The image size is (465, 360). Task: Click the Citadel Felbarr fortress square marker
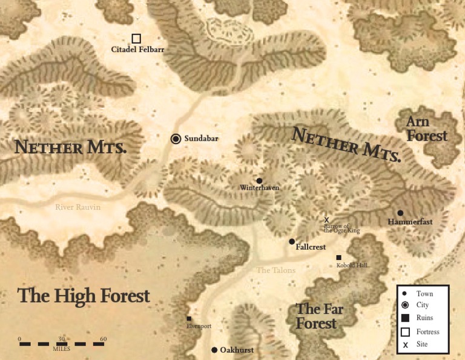pyautogui.click(x=136, y=39)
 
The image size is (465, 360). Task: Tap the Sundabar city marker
pyautogui.click(x=176, y=139)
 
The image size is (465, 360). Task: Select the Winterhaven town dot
pyautogui.click(x=259, y=181)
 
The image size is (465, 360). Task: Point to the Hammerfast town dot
pyautogui.click(x=400, y=213)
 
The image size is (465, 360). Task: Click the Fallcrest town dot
pyautogui.click(x=292, y=241)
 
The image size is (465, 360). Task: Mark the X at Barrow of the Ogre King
pyautogui.click(x=327, y=220)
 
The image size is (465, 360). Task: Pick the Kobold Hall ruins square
pyautogui.click(x=338, y=258)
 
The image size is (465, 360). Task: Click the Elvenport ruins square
pyautogui.click(x=189, y=319)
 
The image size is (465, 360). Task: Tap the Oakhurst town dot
pyautogui.click(x=214, y=350)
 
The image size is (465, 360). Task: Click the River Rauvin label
pyautogui.click(x=77, y=207)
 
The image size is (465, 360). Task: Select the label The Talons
pyautogui.click(x=276, y=270)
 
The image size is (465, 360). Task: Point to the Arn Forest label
pyautogui.click(x=426, y=128)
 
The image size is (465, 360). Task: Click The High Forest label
pyautogui.click(x=83, y=296)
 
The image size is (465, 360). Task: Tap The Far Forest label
pyautogui.click(x=319, y=316)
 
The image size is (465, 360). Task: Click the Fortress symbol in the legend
pyautogui.click(x=406, y=332)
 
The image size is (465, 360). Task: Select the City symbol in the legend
pyautogui.click(x=406, y=305)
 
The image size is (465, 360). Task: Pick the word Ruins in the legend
pyautogui.click(x=425, y=318)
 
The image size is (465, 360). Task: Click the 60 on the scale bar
pyautogui.click(x=104, y=339)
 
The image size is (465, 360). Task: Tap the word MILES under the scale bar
pyautogui.click(x=61, y=349)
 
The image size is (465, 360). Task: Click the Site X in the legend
pyautogui.click(x=406, y=345)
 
